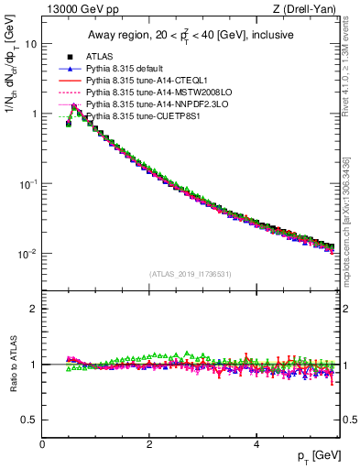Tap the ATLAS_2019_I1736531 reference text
tap(190, 274)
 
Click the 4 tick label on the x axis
tap(256, 443)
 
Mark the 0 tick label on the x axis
tap(43, 443)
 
